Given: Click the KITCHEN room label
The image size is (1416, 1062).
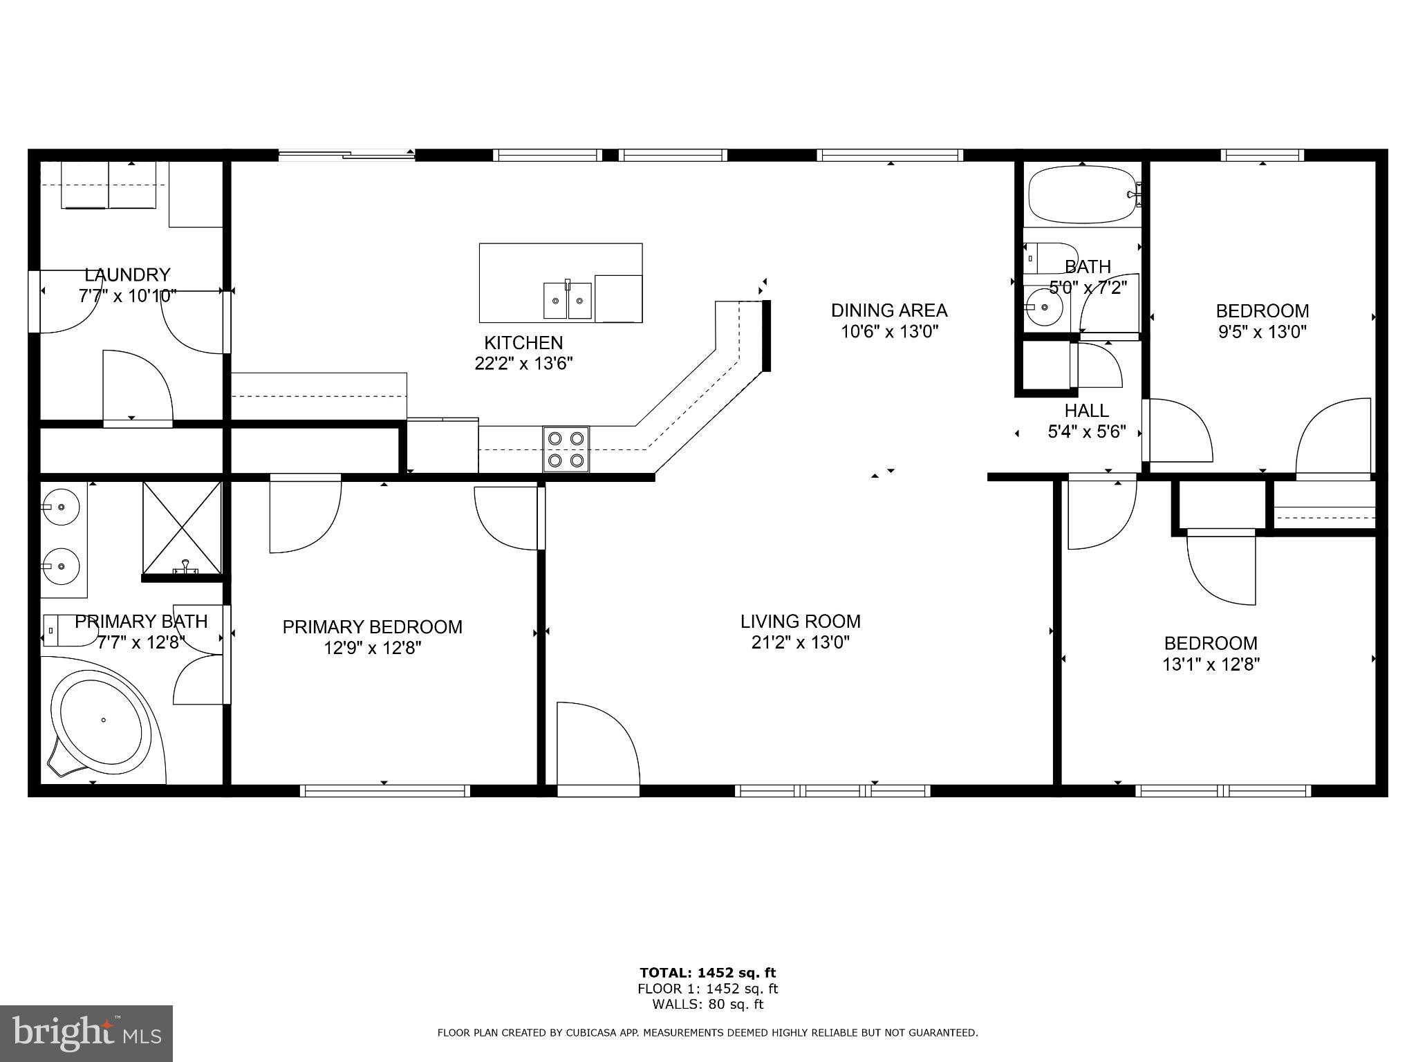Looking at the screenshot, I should (523, 342).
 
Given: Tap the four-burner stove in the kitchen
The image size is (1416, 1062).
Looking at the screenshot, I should (566, 449).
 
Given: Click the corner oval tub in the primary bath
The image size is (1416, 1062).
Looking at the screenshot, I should (102, 721).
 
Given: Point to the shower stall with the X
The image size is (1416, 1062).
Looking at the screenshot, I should (183, 528).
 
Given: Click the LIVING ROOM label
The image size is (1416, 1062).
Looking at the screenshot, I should (800, 621).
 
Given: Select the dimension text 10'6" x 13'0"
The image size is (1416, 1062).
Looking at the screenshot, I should (888, 332).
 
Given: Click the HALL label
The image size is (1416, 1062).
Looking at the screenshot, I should (1087, 411).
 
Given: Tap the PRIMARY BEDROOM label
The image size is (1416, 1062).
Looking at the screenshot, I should (372, 626).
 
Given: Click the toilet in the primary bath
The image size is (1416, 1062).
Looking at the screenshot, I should (69, 629).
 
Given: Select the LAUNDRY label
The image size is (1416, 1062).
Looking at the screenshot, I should (127, 274).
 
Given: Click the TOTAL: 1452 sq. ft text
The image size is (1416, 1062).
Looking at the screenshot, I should (707, 973).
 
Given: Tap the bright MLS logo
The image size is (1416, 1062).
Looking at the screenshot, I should (86, 1034).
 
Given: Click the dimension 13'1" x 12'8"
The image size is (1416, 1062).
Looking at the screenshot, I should (1211, 664).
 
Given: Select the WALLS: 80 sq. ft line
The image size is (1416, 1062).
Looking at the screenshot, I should (707, 1005).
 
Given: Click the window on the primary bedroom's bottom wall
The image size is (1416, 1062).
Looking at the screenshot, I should (385, 790).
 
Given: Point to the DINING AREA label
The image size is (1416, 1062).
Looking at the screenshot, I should (888, 310).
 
